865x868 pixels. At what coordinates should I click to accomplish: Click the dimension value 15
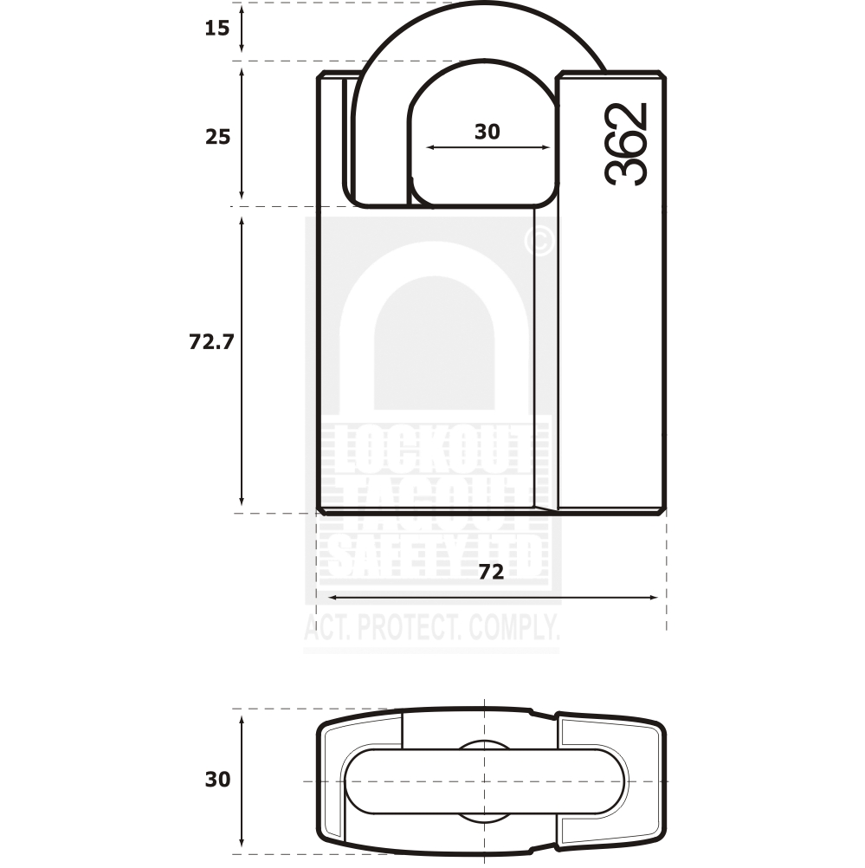point(217,28)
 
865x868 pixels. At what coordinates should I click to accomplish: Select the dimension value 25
point(217,136)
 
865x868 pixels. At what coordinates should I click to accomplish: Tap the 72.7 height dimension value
point(212,341)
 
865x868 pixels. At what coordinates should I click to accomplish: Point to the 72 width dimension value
point(491,572)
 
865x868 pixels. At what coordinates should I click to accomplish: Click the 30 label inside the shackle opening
point(487,132)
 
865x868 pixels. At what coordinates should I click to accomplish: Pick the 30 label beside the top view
point(217,779)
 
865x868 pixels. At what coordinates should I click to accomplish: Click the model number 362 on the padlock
point(626,143)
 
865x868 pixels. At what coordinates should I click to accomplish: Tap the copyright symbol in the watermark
point(539,242)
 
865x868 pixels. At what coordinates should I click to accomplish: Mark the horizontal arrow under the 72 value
point(492,597)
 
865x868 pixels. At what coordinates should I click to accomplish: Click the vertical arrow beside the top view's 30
point(242,779)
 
